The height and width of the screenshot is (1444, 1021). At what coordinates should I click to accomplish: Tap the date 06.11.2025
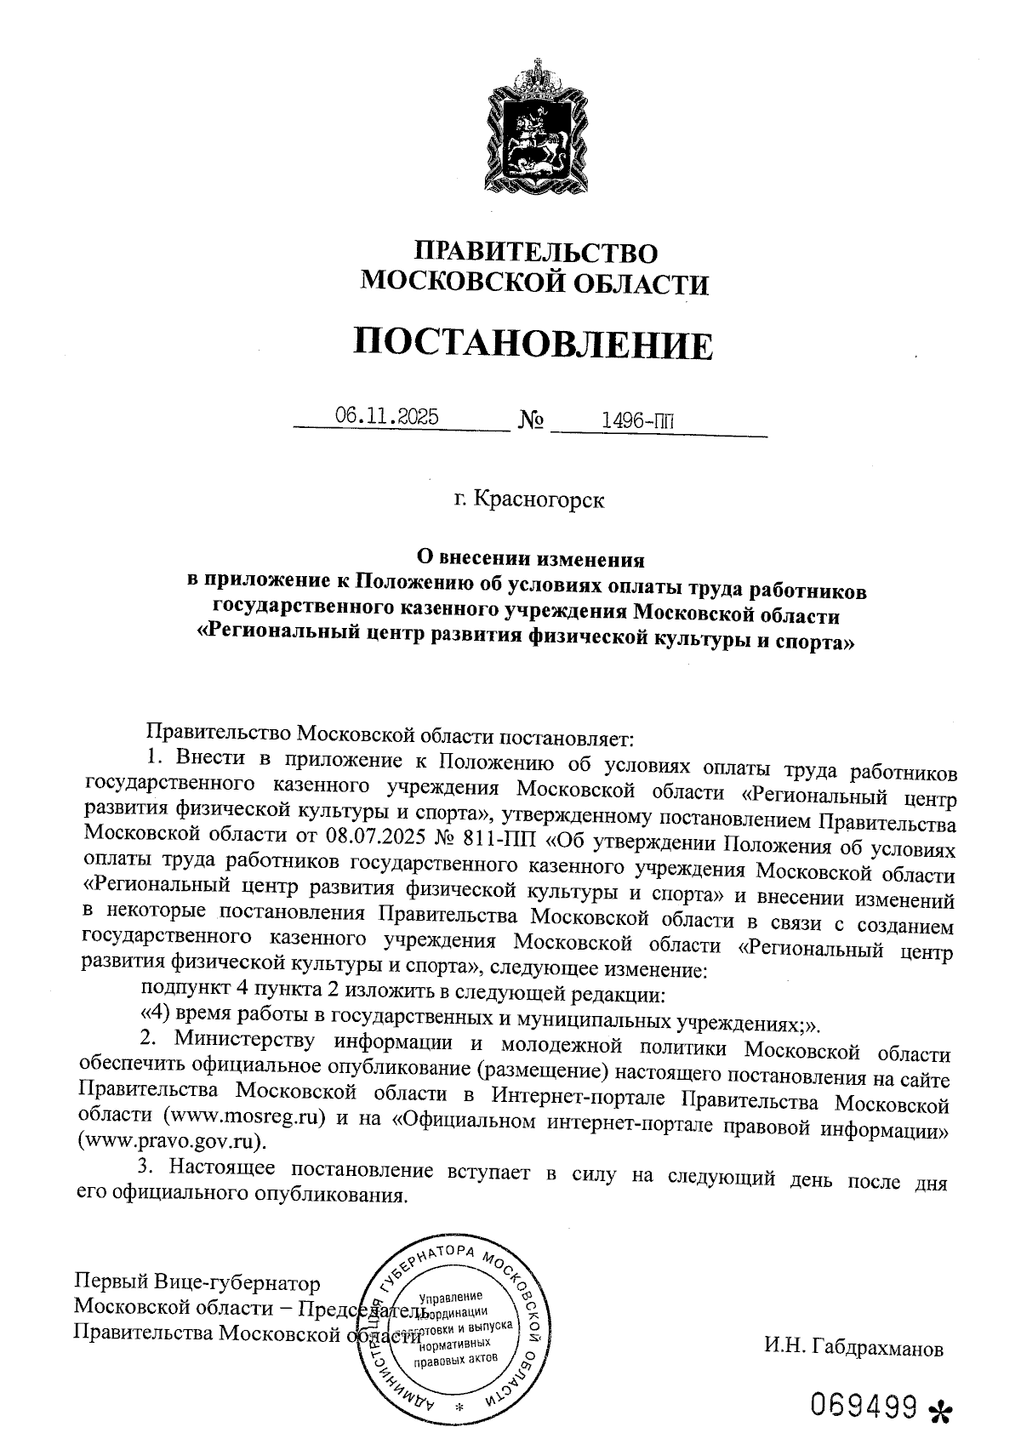pyautogui.click(x=387, y=416)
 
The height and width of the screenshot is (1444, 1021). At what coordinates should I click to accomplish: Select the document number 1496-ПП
pyautogui.click(x=632, y=419)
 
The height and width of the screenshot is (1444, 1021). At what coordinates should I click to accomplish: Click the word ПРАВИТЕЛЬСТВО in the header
pyautogui.click(x=535, y=252)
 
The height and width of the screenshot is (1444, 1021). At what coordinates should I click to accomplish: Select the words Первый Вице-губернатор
pyautogui.click(x=198, y=1282)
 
